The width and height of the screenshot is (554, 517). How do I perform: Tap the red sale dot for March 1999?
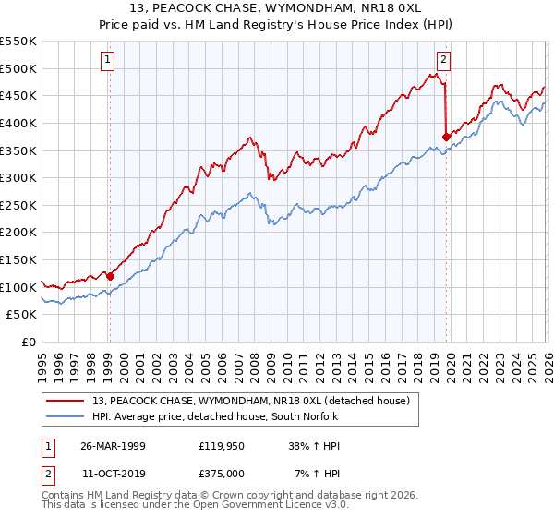[x=110, y=275]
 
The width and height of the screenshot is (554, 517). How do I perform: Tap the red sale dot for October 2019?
[x=446, y=137]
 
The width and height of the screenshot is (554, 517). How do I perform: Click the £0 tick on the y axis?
[x=28, y=342]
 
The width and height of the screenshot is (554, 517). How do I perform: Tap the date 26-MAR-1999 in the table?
[x=113, y=445]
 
